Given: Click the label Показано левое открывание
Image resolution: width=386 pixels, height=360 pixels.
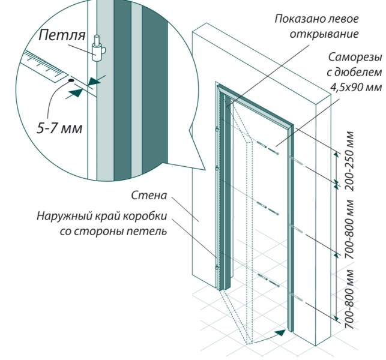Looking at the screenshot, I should click(x=316, y=26).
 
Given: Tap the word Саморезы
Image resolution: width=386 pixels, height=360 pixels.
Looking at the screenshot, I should click(x=354, y=58).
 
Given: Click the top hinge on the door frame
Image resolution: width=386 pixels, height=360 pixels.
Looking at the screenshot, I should click(x=216, y=128).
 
